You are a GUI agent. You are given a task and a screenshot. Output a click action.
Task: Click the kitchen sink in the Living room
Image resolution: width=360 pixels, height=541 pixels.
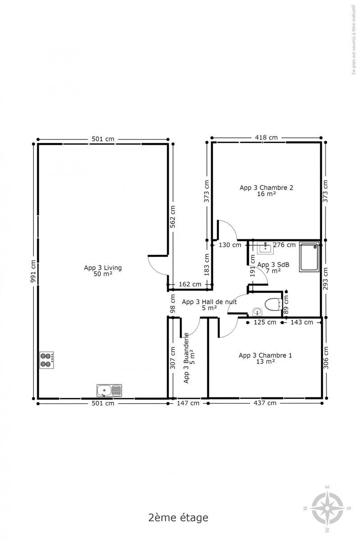[x=109, y=390]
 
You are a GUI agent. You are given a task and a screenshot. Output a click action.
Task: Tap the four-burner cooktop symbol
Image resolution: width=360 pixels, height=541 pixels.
[x=46, y=360]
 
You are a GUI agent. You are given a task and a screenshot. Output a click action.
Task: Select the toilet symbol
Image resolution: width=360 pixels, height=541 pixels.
[x=273, y=305]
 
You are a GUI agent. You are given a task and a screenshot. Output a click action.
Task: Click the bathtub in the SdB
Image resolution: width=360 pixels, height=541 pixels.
[x=309, y=257]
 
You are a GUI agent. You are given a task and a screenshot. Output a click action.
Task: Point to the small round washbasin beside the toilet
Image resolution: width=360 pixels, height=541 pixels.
[x=257, y=312]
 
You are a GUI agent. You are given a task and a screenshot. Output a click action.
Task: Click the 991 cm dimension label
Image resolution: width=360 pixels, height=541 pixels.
[x=33, y=271]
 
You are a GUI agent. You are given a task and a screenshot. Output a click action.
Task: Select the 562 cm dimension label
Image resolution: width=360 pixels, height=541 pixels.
[x=173, y=217]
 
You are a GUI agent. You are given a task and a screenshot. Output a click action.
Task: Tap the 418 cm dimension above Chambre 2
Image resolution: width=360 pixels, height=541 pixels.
[x=266, y=138]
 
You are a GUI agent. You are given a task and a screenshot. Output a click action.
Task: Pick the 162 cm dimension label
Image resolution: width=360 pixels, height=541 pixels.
[x=190, y=284]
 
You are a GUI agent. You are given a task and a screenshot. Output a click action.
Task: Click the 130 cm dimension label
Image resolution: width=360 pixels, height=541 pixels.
[x=230, y=245]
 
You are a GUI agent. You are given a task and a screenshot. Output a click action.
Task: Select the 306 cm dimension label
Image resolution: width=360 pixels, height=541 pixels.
[x=326, y=358]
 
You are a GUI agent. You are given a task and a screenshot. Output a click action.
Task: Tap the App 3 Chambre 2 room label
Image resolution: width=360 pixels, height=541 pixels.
[x=266, y=188]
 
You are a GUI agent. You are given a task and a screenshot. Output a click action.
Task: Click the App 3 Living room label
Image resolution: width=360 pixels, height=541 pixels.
[x=103, y=268]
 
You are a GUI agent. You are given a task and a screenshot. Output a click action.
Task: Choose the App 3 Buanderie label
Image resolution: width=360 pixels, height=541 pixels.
[x=186, y=358]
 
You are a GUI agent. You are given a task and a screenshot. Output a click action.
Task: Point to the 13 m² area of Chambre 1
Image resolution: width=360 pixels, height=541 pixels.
[x=265, y=362]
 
